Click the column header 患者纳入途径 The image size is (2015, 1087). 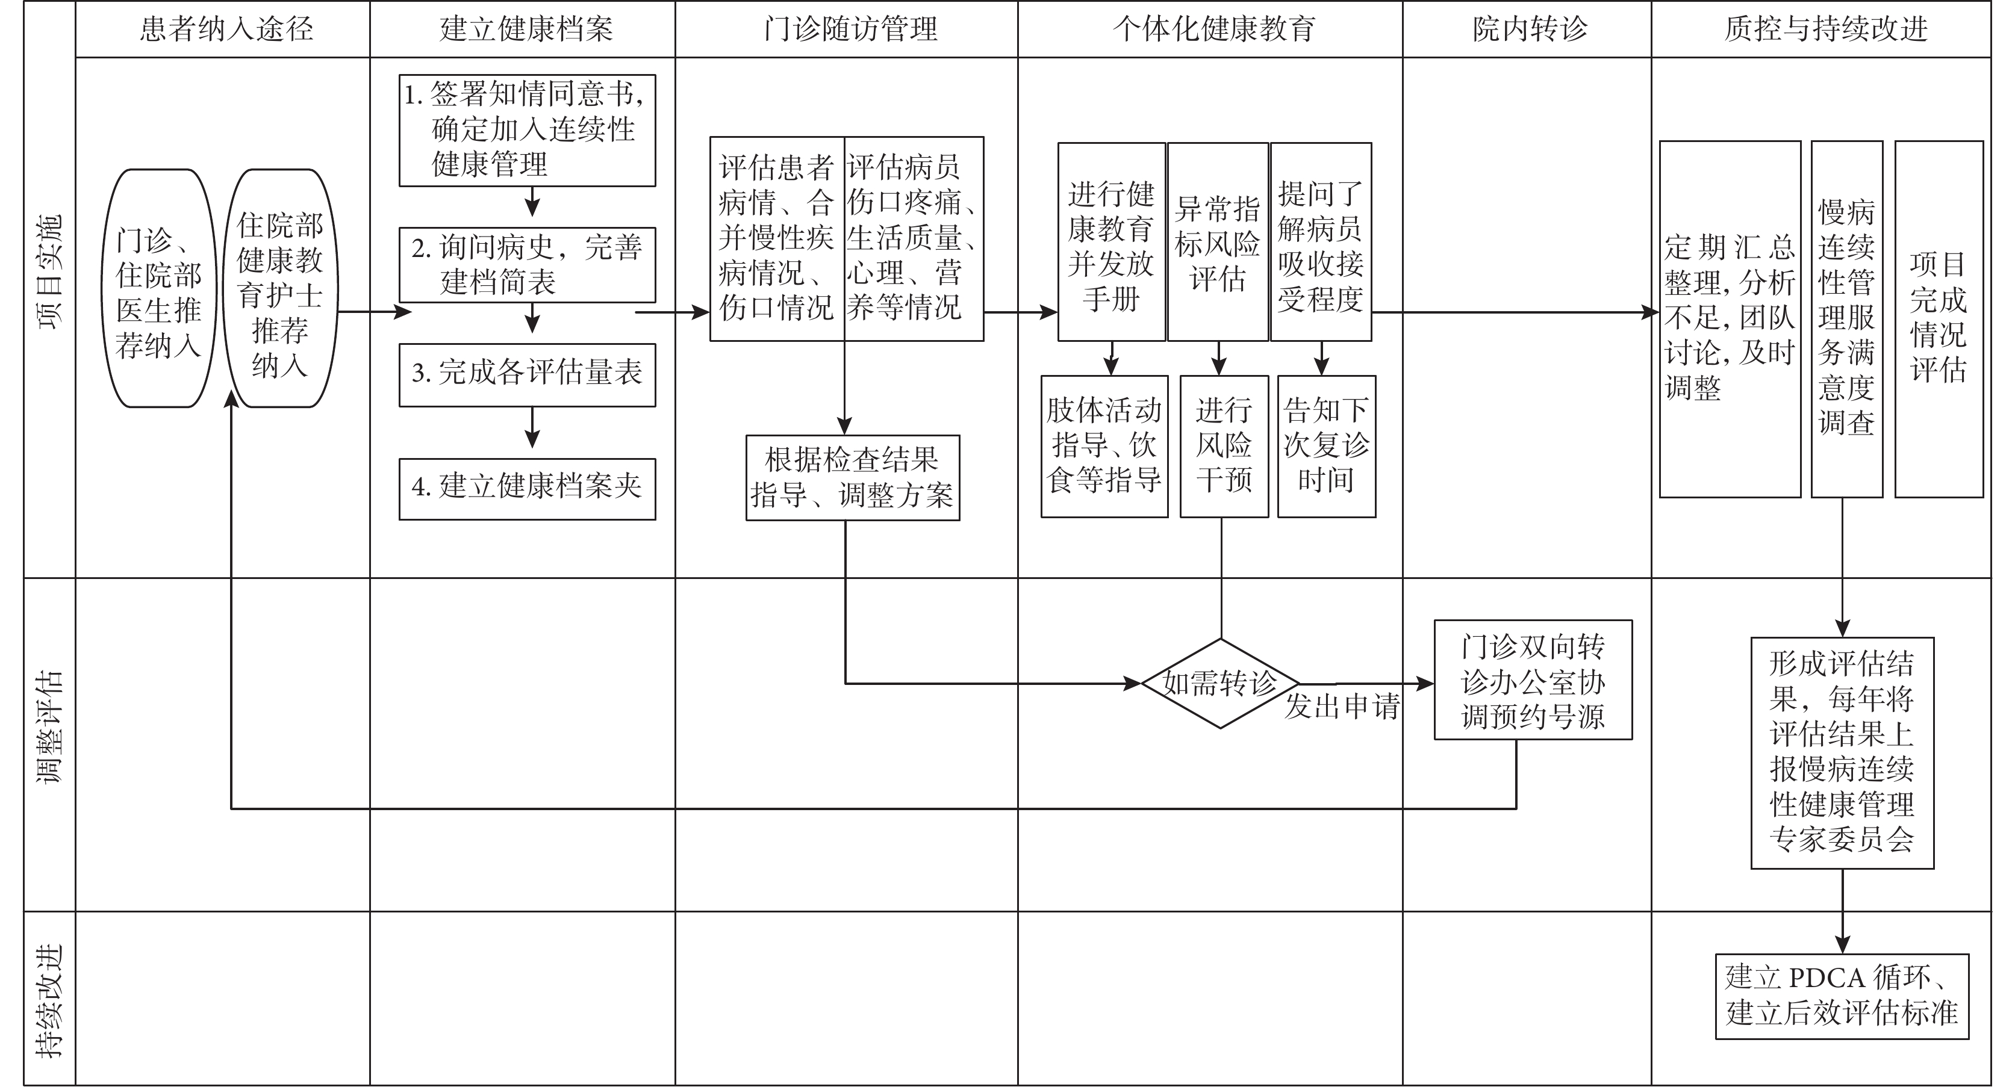pos(227,29)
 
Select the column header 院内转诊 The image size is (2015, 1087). pos(1530,29)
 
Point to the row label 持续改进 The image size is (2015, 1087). pos(50,1001)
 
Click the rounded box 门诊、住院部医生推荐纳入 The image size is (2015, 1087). pos(159,288)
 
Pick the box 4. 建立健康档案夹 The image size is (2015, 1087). pos(527,489)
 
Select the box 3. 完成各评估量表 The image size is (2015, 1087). pos(527,374)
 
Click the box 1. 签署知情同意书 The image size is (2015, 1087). pos(527,131)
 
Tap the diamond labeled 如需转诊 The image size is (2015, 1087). pos(1220,684)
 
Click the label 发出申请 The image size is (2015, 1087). pos(1342,707)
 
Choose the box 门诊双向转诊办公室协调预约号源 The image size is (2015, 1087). pos(1533,680)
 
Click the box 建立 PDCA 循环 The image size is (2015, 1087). pos(1842,996)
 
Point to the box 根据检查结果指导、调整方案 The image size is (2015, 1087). pos(853,478)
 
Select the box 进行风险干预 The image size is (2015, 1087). pos(1224,447)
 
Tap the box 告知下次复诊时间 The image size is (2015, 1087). pos(1327,447)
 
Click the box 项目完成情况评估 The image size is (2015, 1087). pos(1939,319)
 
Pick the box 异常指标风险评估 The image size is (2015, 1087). pos(1218,241)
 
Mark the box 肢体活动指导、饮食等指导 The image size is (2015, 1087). pos(1104,447)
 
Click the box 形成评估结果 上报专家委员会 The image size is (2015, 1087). pos(1843,753)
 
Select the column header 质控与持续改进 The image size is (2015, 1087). pos(1826,29)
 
